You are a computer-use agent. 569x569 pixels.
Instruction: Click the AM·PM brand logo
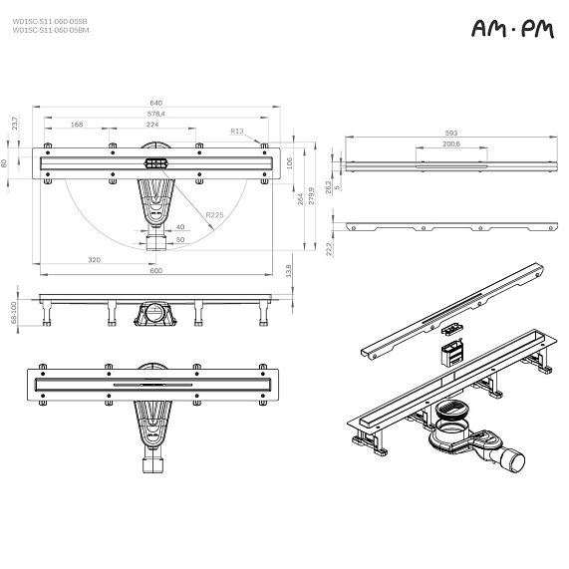512,32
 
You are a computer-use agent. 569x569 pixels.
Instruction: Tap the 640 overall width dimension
155,102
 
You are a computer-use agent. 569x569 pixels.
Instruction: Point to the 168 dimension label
77,125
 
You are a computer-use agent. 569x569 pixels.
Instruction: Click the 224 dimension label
152,125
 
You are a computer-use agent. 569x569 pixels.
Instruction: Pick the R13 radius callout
237,131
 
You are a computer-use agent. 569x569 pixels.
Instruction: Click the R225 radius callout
214,215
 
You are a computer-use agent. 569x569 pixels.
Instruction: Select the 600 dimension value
155,271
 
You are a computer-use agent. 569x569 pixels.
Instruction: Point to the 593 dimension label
451,133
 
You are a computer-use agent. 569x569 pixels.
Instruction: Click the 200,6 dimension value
450,144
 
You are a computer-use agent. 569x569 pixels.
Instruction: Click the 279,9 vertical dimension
310,190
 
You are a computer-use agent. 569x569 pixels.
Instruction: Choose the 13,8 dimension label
288,269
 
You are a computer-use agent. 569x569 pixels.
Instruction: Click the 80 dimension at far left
6,163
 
